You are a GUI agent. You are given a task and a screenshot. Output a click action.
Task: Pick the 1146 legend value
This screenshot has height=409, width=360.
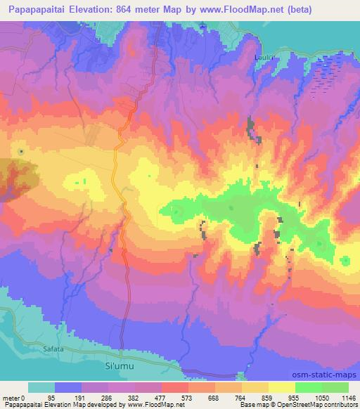pyautogui.click(x=348, y=398)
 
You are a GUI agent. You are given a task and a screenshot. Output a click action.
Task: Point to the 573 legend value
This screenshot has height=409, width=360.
pyautogui.click(x=188, y=398)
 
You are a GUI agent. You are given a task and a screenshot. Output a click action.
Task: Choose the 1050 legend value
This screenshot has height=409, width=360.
pyautogui.click(x=321, y=398)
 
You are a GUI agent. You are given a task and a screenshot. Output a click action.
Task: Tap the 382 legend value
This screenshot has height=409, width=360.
pyautogui.click(x=134, y=398)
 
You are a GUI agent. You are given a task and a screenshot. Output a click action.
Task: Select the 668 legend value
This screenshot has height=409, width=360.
pyautogui.click(x=214, y=398)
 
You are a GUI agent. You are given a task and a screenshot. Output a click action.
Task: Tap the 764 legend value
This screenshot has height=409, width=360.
pyautogui.click(x=241, y=398)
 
